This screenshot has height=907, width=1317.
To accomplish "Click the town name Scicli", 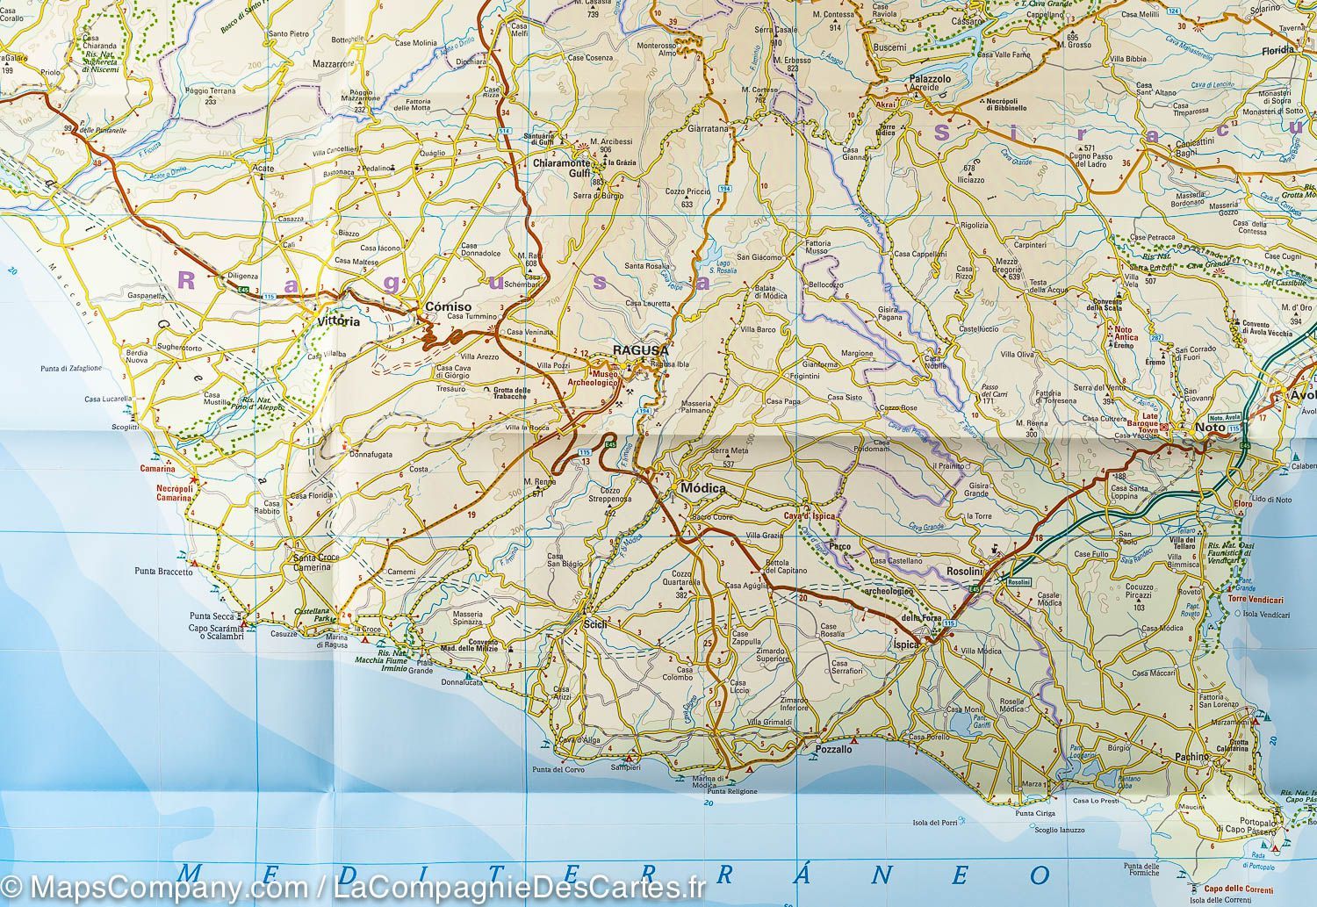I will pos(594,624).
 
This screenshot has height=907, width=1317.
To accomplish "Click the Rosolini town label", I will pos(964,572).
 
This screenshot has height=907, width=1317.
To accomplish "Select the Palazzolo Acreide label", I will pos(930,83).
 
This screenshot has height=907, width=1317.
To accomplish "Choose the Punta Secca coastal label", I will pos(210,615).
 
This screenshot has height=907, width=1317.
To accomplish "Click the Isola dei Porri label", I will pos(933,822).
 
